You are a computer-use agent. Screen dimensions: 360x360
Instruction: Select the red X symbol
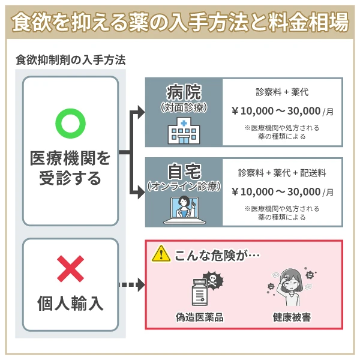[70, 269]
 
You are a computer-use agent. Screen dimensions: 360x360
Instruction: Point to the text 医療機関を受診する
[70, 169]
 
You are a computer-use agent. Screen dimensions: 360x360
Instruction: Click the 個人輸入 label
[70, 302]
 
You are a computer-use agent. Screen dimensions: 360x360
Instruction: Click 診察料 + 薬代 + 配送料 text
[282, 173]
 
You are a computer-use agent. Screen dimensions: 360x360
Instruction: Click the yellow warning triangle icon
[161, 254]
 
